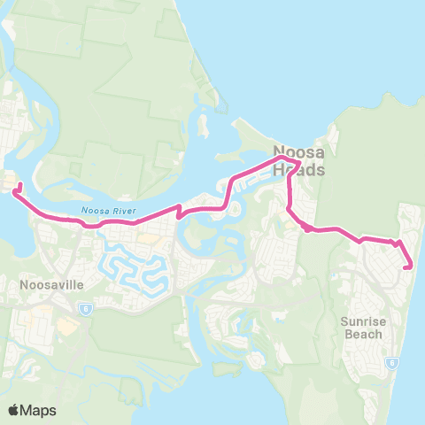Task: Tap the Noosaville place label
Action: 43,286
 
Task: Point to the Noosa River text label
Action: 105,211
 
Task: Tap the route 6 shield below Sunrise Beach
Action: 391,362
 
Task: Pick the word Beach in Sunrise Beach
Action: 363,334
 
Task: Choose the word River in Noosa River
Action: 119,211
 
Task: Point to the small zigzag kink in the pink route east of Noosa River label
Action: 180,211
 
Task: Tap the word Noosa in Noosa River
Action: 93,211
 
